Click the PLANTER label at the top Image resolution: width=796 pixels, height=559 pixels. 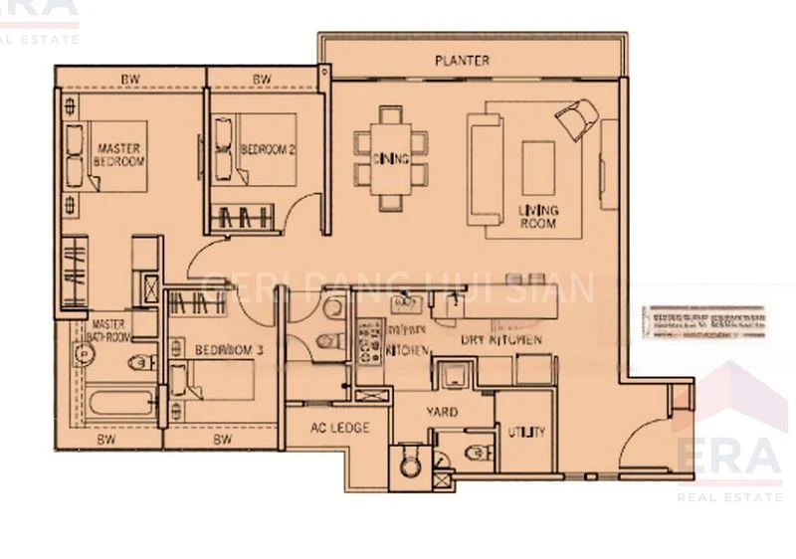tap(462, 61)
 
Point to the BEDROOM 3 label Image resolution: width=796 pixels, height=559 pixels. tap(229, 350)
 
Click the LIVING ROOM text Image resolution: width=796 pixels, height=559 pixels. tap(538, 217)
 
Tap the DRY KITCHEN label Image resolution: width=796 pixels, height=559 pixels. tap(501, 340)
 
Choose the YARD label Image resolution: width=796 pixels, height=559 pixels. tap(442, 412)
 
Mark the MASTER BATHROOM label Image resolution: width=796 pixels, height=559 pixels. tap(110, 331)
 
